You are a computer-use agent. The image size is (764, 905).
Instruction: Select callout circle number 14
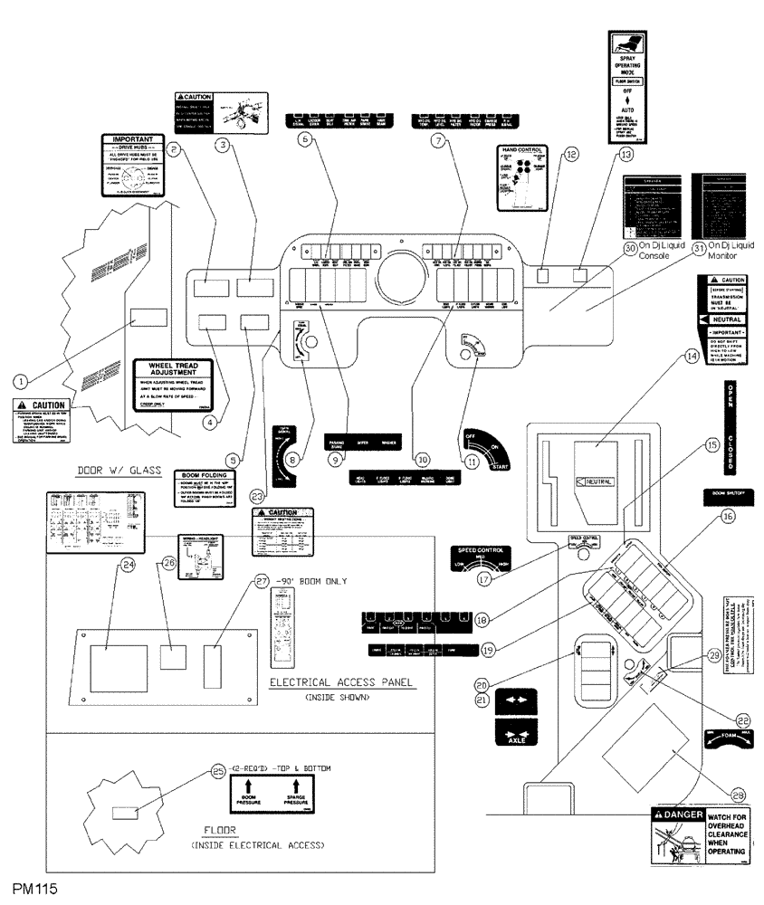tap(692, 357)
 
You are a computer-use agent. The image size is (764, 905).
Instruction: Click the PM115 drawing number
tap(34, 891)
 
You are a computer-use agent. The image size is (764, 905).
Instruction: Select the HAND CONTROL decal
tap(522, 177)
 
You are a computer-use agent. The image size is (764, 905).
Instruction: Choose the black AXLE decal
tap(511, 730)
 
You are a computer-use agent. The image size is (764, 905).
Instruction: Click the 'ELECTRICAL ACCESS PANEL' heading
tap(343, 682)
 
